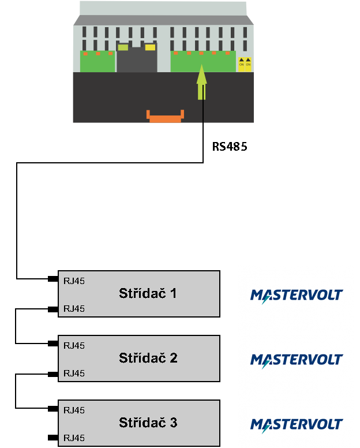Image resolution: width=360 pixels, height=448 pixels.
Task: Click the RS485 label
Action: point(229,147)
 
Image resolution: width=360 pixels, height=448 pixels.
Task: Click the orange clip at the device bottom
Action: point(165,116)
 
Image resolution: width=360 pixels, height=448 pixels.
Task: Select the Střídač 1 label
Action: point(148,293)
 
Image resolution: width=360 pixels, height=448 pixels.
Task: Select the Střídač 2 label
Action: point(148,358)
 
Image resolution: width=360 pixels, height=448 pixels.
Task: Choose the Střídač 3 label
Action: point(148,423)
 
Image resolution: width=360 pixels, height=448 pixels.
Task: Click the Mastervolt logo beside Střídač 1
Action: point(296,295)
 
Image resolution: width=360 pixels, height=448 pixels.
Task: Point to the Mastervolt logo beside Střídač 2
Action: point(296,360)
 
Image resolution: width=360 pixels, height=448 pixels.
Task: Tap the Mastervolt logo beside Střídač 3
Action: point(296,425)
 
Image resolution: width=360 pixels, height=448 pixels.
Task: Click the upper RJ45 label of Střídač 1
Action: point(74,281)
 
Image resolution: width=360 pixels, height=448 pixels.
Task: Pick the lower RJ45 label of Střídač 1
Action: point(74,309)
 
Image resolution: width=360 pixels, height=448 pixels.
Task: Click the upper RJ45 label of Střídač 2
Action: point(74,346)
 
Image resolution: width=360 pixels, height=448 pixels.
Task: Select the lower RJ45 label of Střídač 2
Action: point(74,374)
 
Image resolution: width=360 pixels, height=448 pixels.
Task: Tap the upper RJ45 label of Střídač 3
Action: point(74,410)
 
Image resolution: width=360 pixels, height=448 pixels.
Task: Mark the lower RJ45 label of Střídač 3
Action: point(74,438)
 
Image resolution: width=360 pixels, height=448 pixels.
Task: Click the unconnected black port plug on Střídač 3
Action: point(52,438)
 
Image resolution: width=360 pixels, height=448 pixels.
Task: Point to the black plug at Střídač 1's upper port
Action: point(52,279)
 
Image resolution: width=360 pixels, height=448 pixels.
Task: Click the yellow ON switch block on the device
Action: point(245,63)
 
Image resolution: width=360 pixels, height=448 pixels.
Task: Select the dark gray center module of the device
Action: point(137,58)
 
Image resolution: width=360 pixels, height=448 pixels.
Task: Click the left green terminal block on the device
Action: point(97,62)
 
